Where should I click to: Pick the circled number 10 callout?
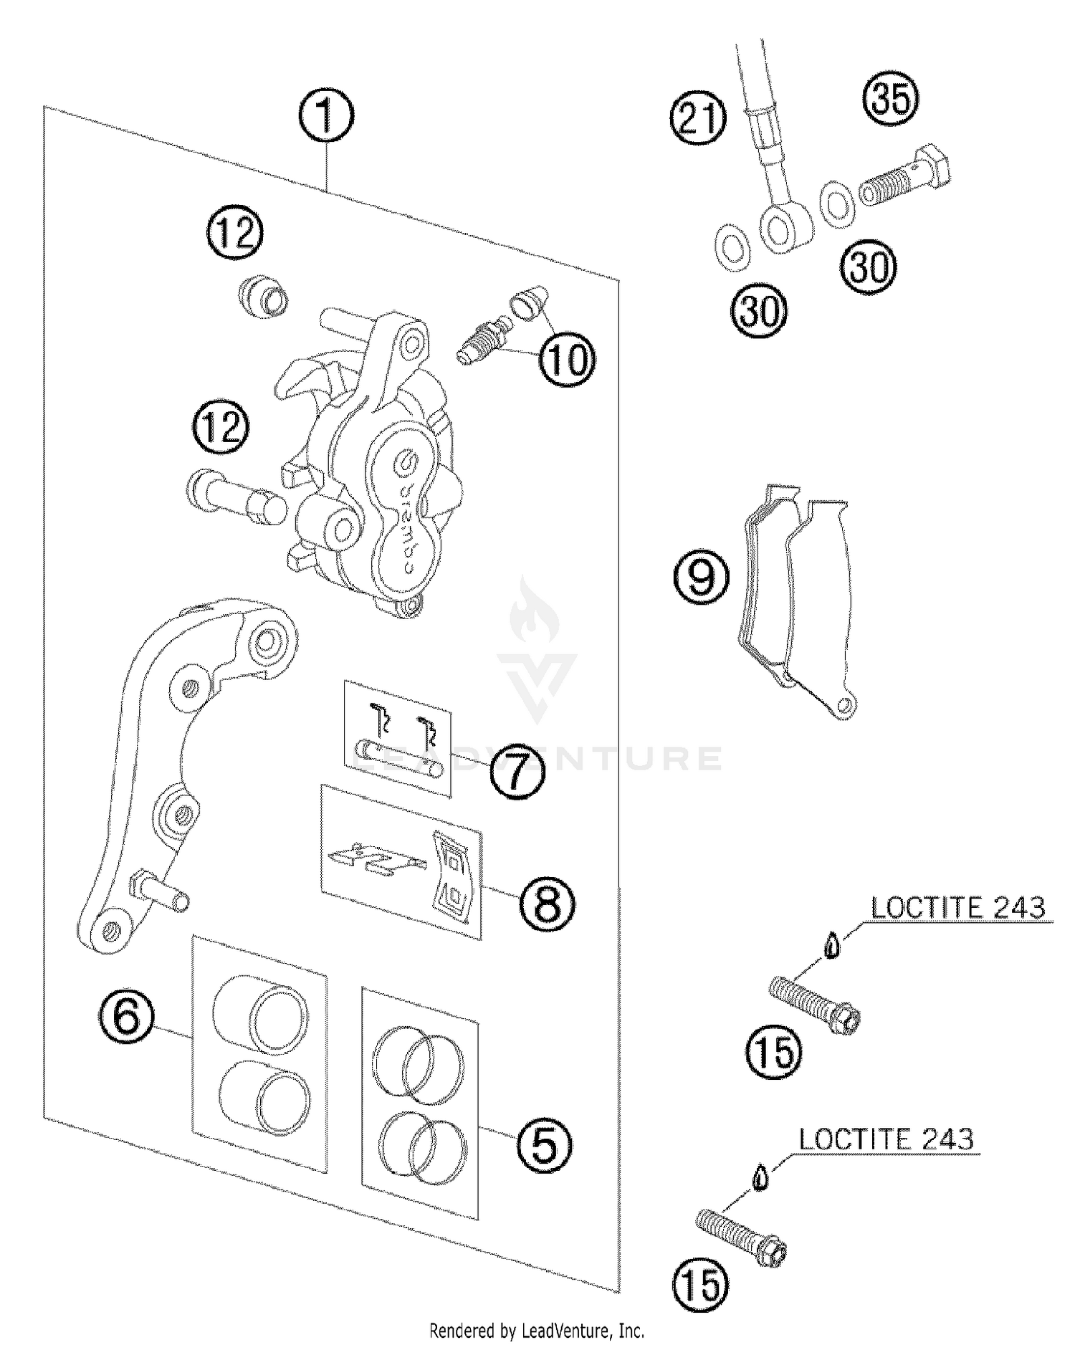tap(567, 359)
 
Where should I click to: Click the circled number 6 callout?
tap(126, 1016)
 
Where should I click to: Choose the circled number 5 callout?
tap(544, 1145)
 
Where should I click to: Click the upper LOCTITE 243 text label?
tap(957, 908)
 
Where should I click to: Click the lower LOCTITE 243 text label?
tap(886, 1139)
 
